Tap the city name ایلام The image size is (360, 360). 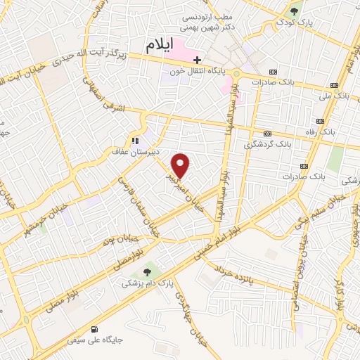coord(160,46)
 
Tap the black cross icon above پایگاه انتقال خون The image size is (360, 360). coord(198,60)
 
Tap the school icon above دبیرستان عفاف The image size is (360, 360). coord(135,141)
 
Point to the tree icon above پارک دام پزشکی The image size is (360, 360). coord(147,272)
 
